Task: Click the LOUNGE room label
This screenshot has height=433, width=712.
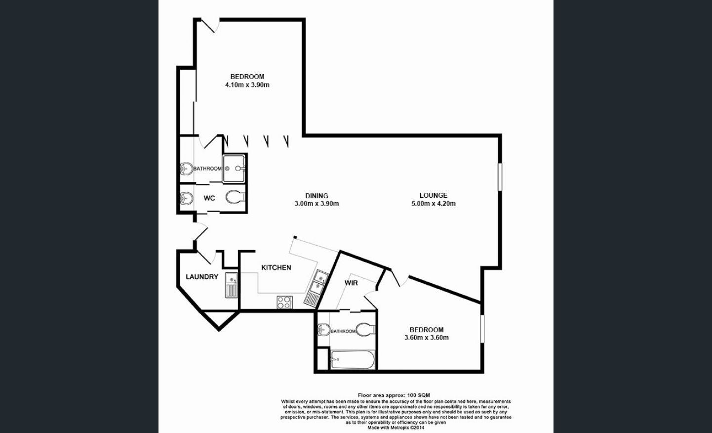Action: [433, 195]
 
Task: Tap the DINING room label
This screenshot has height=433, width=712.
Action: [316, 196]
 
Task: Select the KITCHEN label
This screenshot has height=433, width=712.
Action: [276, 267]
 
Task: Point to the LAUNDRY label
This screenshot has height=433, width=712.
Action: [201, 277]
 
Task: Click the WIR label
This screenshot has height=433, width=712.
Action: [351, 283]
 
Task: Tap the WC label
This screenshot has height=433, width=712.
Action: [209, 198]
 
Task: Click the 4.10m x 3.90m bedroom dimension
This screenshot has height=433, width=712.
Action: [247, 85]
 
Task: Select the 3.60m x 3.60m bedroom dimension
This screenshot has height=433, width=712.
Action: [426, 338]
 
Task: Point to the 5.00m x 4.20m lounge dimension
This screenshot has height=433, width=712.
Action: [433, 203]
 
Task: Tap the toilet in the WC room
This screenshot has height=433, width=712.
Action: [235, 198]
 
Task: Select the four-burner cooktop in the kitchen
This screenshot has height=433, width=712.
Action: [284, 302]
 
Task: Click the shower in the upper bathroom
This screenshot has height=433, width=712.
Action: [234, 168]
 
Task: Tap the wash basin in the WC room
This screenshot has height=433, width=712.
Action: [186, 199]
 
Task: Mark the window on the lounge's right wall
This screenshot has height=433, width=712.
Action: [500, 176]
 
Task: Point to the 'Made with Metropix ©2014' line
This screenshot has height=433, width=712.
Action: [396, 428]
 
